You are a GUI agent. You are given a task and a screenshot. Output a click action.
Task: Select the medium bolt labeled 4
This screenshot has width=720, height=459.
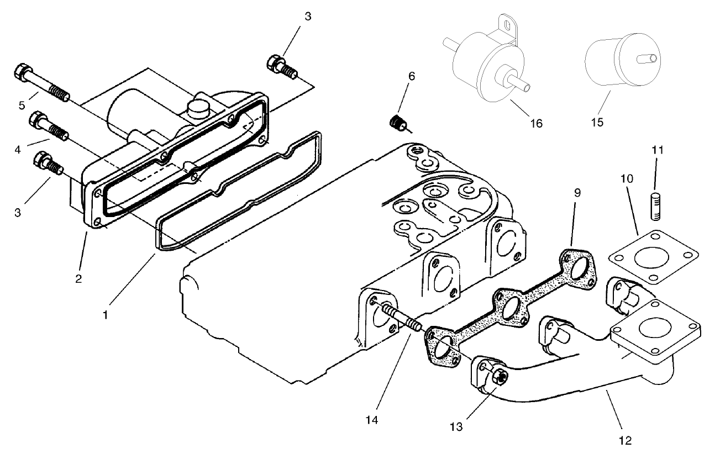coord(50,126)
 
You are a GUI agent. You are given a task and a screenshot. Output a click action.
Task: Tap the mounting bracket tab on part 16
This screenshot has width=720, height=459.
coord(506,25)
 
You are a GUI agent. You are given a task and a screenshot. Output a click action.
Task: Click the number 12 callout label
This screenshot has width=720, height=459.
coord(624,440)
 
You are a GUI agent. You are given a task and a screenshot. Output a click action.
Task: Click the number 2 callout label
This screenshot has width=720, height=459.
coord(79,279)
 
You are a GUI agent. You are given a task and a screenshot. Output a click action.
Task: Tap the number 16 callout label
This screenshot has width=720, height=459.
coord(535,123)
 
